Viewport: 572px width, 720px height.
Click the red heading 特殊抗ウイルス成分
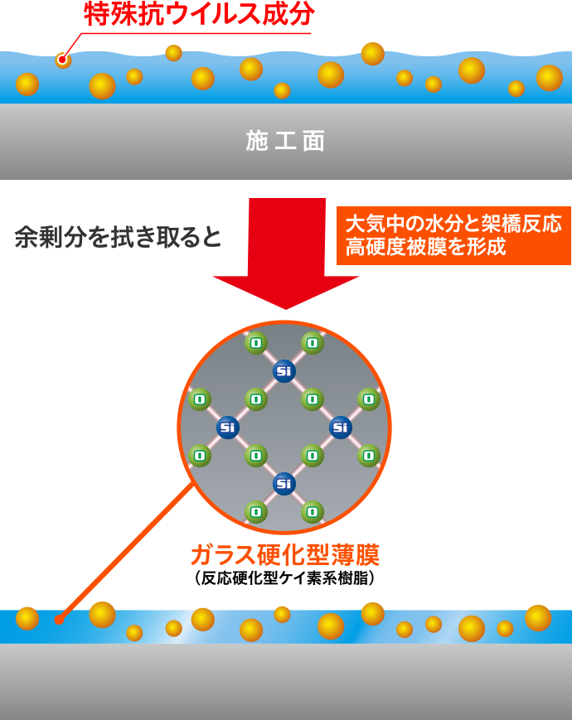(198, 15)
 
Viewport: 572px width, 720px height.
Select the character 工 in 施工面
(285, 141)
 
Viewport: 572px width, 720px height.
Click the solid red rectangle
(285, 253)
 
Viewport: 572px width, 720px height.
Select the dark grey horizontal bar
(117, 236)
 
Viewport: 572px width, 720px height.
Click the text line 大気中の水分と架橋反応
(453, 224)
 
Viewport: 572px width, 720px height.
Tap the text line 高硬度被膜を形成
(425, 247)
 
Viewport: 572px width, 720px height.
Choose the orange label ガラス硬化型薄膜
(284, 554)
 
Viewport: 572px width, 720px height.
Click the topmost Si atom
(284, 371)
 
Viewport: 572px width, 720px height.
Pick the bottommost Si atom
(284, 484)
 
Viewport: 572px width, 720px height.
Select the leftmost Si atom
(228, 428)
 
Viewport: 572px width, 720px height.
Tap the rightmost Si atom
(341, 428)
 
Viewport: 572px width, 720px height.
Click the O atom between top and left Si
(256, 399)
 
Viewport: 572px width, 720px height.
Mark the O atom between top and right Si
(313, 399)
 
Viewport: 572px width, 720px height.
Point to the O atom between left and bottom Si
(256, 456)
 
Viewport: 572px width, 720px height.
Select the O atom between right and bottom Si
(313, 456)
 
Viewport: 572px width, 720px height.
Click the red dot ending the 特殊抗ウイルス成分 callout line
(62, 60)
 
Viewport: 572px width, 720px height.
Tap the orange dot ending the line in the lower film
(59, 619)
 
